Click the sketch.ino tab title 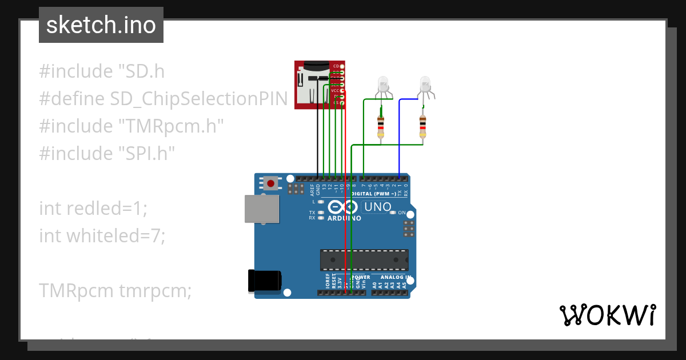click(x=101, y=25)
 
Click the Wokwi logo click(x=607, y=315)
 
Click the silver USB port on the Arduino click(x=262, y=209)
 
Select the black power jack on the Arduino click(x=264, y=281)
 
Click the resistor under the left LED click(x=381, y=126)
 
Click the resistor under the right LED click(x=422, y=126)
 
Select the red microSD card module click(x=319, y=85)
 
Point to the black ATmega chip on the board click(x=364, y=260)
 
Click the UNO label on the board click(x=377, y=207)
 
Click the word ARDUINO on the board click(x=344, y=218)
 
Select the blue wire click(x=400, y=137)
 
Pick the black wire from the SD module click(x=318, y=143)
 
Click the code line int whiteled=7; click(x=102, y=235)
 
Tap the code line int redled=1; click(x=93, y=208)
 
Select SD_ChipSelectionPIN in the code click(x=198, y=99)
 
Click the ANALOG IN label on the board click(x=392, y=277)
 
